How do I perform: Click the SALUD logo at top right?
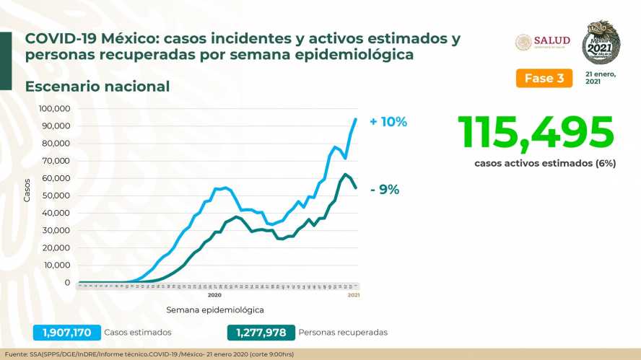coord(543,42)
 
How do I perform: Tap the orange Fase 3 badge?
coord(544,78)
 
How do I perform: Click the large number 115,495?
coord(536,133)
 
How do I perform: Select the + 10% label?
coord(388,122)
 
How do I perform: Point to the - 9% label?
coord(384,190)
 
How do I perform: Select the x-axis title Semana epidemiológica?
coord(214,309)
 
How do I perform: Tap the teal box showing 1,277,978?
coord(261,333)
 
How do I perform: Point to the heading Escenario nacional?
coord(97,87)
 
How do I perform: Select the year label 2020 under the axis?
coord(214,295)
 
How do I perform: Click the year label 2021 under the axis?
coord(354,295)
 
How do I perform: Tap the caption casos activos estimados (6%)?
coord(544,164)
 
